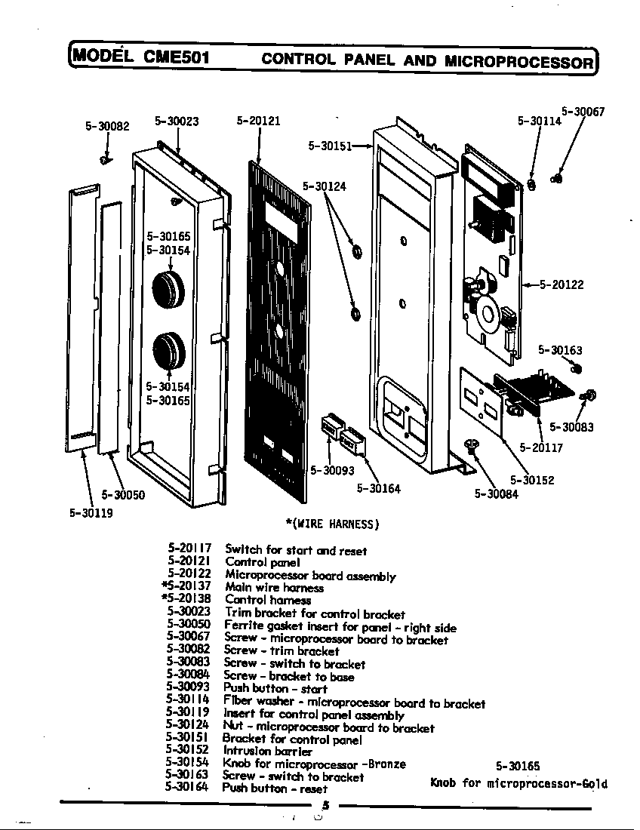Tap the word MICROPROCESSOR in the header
click(x=518, y=60)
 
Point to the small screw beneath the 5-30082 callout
click(x=106, y=158)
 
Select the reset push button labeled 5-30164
click(x=353, y=440)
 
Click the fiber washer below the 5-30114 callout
click(x=531, y=184)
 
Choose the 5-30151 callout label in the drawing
click(x=331, y=146)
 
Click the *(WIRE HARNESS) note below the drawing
click(x=332, y=524)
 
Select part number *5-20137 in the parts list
click(x=186, y=587)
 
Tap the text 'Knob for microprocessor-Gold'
click(x=518, y=783)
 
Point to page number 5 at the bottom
click(x=325, y=805)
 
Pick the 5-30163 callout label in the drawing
click(x=560, y=350)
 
